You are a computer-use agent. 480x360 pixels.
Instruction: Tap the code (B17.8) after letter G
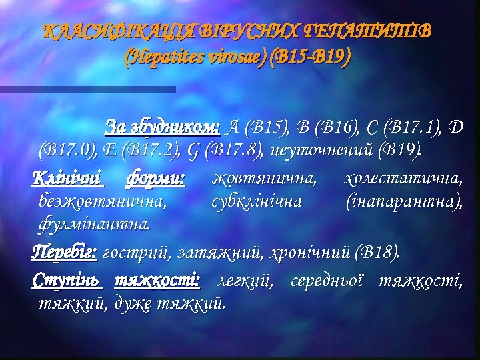click(x=234, y=147)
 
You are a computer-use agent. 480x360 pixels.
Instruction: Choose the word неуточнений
click(x=321, y=147)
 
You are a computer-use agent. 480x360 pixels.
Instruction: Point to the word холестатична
click(x=403, y=178)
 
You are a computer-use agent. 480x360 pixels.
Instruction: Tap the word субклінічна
click(x=256, y=199)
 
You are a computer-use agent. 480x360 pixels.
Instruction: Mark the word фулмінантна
click(x=93, y=221)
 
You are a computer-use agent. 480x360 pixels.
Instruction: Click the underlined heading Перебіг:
click(x=64, y=253)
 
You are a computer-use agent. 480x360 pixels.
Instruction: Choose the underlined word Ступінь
click(x=67, y=281)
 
